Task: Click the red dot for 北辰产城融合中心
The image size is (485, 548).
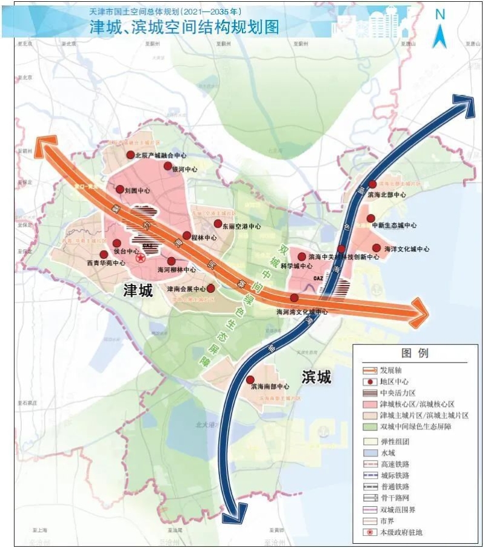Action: (x=130, y=155)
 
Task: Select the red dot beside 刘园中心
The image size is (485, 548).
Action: (x=120, y=189)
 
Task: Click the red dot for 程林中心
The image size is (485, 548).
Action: (x=187, y=235)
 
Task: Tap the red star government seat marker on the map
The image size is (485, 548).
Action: (x=140, y=258)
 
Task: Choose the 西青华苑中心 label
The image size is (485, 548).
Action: (x=106, y=263)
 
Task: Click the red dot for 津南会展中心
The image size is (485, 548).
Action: (x=211, y=289)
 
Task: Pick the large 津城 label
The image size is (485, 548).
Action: (x=139, y=290)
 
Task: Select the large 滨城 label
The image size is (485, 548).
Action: (x=316, y=377)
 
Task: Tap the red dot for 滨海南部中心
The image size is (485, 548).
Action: (x=250, y=379)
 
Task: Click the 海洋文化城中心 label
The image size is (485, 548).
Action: (x=406, y=249)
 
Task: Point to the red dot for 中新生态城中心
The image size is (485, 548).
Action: (x=370, y=218)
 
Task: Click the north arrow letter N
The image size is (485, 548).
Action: (x=440, y=15)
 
